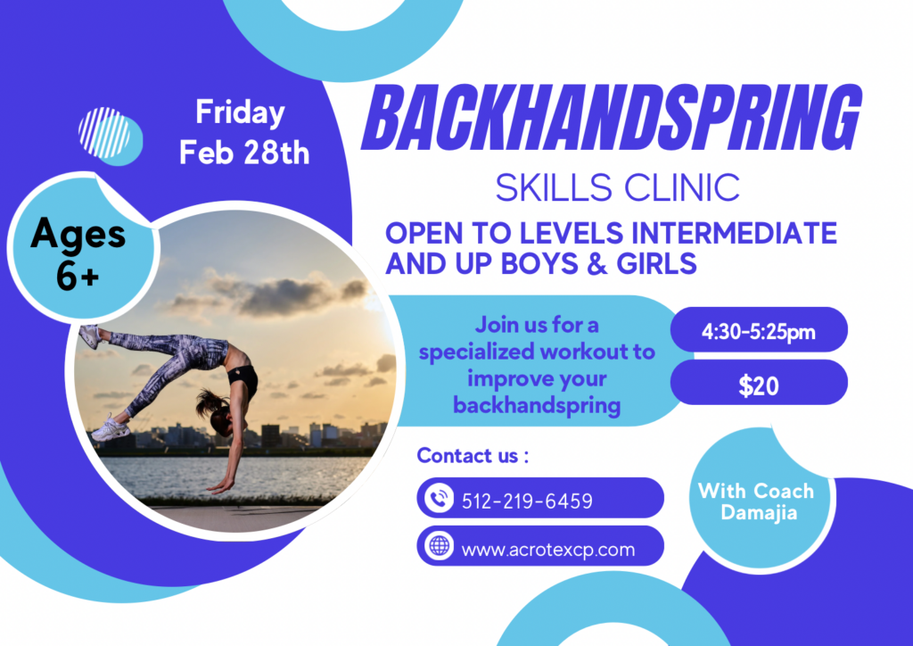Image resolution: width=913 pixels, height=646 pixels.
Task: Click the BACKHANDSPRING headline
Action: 611,119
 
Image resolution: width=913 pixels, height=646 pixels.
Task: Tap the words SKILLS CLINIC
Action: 617,187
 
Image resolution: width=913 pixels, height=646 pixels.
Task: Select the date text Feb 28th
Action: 244,153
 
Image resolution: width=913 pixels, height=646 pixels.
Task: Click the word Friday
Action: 240,112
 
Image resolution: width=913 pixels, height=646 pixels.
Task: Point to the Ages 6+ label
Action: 78,253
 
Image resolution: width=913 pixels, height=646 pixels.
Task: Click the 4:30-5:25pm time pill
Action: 759,330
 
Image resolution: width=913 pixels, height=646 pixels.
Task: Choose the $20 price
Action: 759,385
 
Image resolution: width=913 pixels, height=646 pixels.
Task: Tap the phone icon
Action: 439,498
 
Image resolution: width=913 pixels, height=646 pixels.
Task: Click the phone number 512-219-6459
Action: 527,501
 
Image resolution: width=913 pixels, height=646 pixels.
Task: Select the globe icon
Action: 439,546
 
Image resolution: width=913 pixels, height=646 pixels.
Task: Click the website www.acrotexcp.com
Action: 548,550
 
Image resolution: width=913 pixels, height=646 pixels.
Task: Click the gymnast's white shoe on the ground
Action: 111,428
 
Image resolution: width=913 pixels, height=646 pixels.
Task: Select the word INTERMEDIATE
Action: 735,233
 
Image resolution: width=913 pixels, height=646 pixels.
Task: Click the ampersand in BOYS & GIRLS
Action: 597,264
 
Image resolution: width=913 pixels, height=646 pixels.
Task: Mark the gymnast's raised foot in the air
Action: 90,335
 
